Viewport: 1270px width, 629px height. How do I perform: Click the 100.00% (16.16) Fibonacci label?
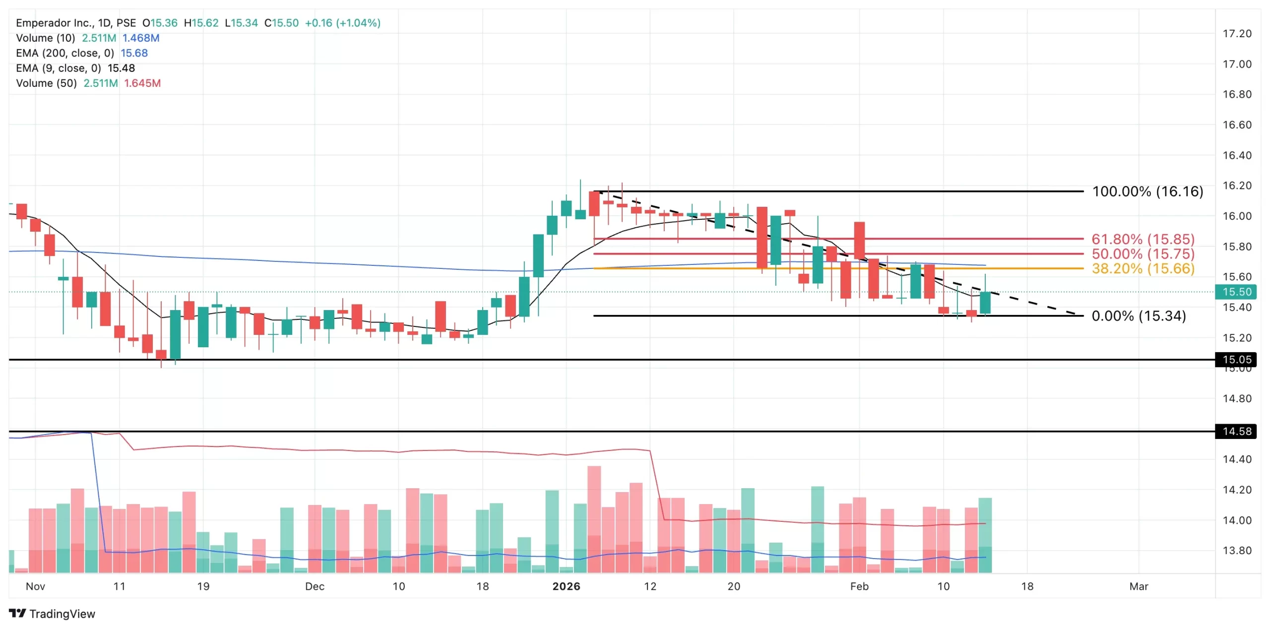[1147, 191]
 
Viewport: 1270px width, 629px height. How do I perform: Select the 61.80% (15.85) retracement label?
[1143, 239]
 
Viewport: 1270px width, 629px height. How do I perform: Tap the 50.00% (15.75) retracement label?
[1143, 254]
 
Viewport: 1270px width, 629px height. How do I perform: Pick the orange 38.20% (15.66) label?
[1143, 269]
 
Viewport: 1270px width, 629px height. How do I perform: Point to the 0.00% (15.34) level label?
[1139, 316]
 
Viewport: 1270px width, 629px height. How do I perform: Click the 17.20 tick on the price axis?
[1237, 34]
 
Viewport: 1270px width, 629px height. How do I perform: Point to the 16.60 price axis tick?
[1237, 125]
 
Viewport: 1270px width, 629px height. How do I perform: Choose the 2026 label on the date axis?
[566, 586]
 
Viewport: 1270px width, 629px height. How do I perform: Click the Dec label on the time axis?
[315, 586]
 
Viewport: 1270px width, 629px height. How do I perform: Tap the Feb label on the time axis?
[859, 586]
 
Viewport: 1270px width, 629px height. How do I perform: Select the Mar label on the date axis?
[1139, 586]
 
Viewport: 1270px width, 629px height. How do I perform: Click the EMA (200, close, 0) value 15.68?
[134, 53]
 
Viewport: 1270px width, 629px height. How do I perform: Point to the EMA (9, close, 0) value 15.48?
[121, 68]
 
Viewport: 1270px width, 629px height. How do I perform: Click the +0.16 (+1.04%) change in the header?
[342, 23]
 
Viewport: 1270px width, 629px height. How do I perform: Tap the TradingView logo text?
[62, 614]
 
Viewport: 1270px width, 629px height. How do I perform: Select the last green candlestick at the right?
[985, 303]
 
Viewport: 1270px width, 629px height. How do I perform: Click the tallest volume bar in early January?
[594, 518]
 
